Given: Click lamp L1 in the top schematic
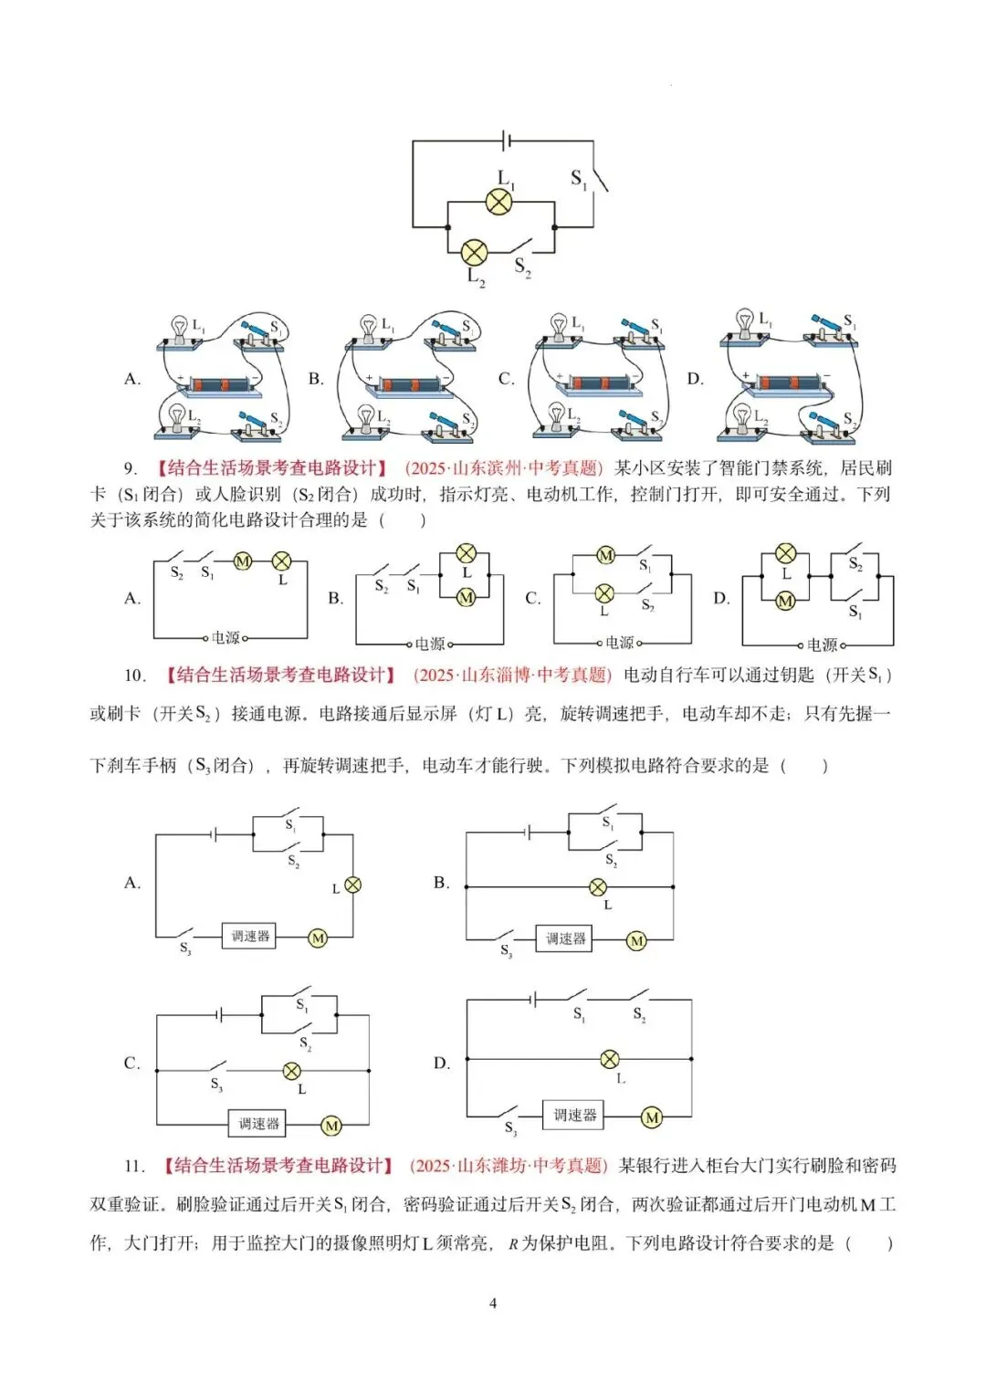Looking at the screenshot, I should (498, 202).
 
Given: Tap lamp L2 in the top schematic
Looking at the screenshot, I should (474, 252).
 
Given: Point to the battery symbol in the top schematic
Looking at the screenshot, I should (505, 141).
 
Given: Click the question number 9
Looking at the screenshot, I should (131, 468).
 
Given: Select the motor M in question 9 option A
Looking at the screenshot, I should (243, 561).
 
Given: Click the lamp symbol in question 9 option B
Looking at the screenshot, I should (467, 553).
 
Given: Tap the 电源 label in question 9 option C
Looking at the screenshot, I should (619, 643).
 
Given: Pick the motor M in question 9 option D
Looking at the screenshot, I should (785, 601).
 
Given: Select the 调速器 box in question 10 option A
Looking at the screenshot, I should (250, 936).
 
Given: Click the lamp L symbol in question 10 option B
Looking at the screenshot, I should (597, 886).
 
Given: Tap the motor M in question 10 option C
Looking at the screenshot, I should (331, 1126).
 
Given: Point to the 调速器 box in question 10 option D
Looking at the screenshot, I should (575, 1115).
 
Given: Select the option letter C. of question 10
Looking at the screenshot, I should (132, 1064).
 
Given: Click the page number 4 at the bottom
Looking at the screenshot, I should (493, 1303).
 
